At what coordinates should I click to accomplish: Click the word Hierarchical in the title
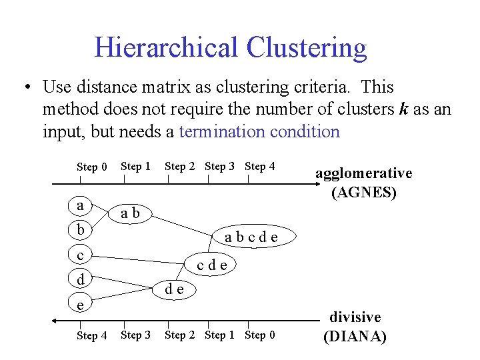[166, 48]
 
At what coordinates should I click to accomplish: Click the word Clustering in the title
[306, 48]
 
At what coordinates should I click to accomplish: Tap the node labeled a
[80, 205]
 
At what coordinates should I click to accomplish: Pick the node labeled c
[80, 255]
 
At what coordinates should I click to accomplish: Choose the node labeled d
[80, 279]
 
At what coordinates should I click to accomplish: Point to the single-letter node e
[80, 304]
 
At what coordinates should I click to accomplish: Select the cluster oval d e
[175, 289]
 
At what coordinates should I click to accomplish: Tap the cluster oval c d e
[211, 265]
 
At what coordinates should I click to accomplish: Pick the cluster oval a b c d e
[251, 237]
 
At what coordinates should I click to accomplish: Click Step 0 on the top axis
[92, 167]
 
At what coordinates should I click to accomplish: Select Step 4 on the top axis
[260, 166]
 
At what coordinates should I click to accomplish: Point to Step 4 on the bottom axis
[92, 335]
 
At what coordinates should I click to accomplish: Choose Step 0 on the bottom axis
[260, 335]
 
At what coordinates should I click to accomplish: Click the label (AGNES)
[364, 193]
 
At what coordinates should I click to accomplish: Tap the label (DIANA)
[354, 336]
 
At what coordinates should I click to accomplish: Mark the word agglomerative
[363, 173]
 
